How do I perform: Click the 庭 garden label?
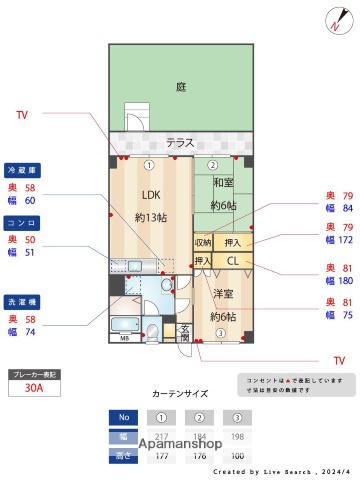[x=181, y=87]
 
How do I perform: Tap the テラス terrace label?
[x=180, y=142]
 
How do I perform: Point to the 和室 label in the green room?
[x=222, y=183]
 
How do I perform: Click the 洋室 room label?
[x=222, y=294]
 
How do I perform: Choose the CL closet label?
[x=232, y=261]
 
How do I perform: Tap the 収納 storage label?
[x=203, y=242]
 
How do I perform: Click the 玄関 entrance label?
[x=184, y=332]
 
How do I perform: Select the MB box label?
[x=123, y=338]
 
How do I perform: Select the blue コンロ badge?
[x=23, y=223]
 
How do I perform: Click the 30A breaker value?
[x=34, y=390]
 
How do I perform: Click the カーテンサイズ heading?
[x=179, y=394]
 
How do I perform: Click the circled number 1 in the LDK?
[x=148, y=165]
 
